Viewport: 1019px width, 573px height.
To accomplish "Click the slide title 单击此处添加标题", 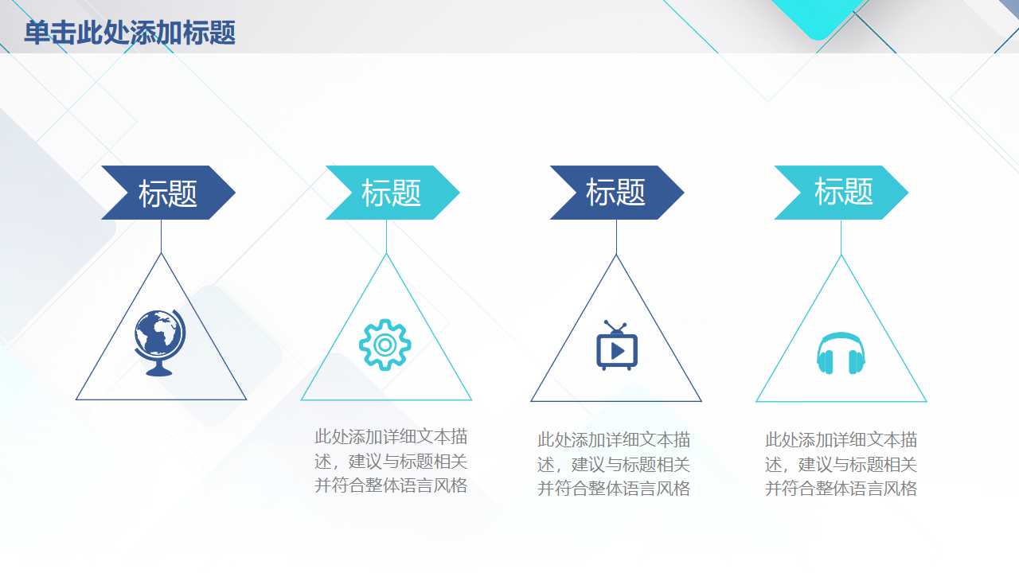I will pos(130,33).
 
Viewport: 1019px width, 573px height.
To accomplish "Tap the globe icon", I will pos(160,341).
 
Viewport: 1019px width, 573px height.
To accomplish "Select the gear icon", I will pos(385,345).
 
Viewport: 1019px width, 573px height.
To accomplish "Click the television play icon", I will pos(617,347).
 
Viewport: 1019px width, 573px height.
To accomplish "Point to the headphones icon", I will pos(841,353).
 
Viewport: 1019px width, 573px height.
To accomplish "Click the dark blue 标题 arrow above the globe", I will pos(168,193).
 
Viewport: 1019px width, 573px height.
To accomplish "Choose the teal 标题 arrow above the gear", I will pos(392,193).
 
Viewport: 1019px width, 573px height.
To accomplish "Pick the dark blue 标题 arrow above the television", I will pos(616,193).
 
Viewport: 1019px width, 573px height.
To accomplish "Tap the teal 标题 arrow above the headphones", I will pos(841,193).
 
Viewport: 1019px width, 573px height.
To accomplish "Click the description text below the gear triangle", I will pos(391,461).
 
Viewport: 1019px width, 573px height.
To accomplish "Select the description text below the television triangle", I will pos(614,464).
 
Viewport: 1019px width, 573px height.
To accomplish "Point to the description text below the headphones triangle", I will pos(841,464).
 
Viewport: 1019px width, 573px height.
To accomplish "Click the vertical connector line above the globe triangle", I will pos(162,236).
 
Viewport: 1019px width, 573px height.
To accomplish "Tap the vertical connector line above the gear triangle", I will pos(387,236).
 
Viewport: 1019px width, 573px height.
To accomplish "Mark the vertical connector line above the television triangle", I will pos(616,236).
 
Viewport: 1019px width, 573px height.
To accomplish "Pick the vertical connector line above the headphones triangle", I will pos(841,237).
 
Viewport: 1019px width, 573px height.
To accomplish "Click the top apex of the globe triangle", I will pos(162,254).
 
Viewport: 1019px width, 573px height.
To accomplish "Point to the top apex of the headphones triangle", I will pos(841,256).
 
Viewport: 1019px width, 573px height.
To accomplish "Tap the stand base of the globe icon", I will pos(159,372).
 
